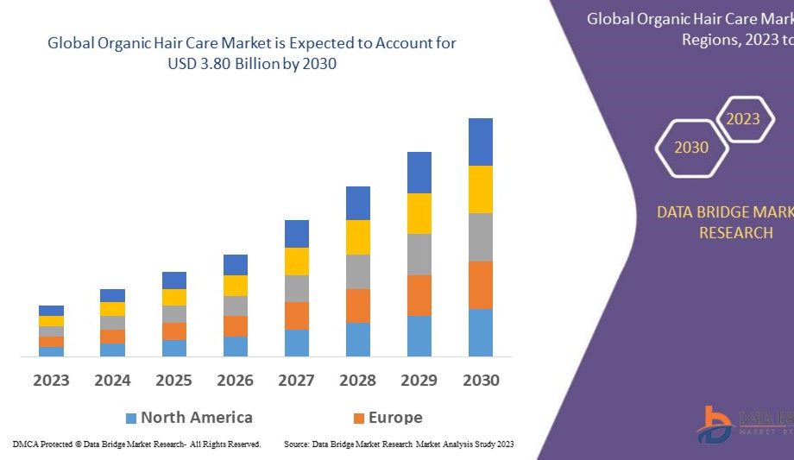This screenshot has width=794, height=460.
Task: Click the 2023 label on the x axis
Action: [x=51, y=380]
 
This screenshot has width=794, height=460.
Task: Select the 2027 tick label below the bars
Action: [x=296, y=380]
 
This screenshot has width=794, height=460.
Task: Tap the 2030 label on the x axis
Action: [x=481, y=380]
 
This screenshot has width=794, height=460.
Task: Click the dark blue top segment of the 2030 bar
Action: [x=481, y=142]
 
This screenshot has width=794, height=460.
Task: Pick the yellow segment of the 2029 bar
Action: [x=419, y=213]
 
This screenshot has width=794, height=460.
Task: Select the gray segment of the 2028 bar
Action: [x=358, y=271]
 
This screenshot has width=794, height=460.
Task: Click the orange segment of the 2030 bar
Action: [x=481, y=285]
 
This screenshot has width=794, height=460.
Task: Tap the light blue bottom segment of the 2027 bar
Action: [x=296, y=343]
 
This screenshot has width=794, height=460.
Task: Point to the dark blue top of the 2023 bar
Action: [x=51, y=311]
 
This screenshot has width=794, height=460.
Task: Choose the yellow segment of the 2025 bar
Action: [x=174, y=297]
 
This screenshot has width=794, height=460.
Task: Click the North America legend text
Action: [x=197, y=418]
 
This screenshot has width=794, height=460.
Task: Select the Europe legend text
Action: [x=395, y=418]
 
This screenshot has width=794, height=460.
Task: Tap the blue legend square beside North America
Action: [x=131, y=419]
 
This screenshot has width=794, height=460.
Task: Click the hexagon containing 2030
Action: [x=691, y=148]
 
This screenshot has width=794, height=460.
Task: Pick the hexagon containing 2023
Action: [x=742, y=119]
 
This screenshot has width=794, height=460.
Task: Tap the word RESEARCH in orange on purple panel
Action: [x=735, y=233]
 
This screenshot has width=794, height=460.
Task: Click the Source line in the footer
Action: [x=399, y=444]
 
